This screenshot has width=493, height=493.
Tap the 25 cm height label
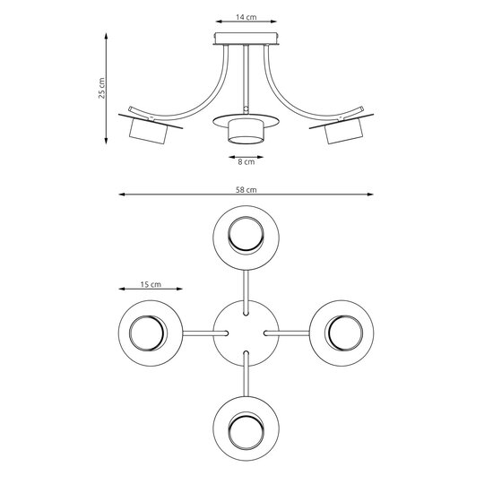point(102,88)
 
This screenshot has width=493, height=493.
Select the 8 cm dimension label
point(246,162)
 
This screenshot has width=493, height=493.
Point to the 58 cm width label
point(246,189)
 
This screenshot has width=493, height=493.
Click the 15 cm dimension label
point(150,284)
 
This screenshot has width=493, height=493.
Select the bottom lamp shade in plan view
point(246,425)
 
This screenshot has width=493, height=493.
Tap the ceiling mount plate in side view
point(246,39)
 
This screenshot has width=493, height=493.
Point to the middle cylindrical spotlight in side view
point(246,133)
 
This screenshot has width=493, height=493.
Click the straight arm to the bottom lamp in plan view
point(246,375)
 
